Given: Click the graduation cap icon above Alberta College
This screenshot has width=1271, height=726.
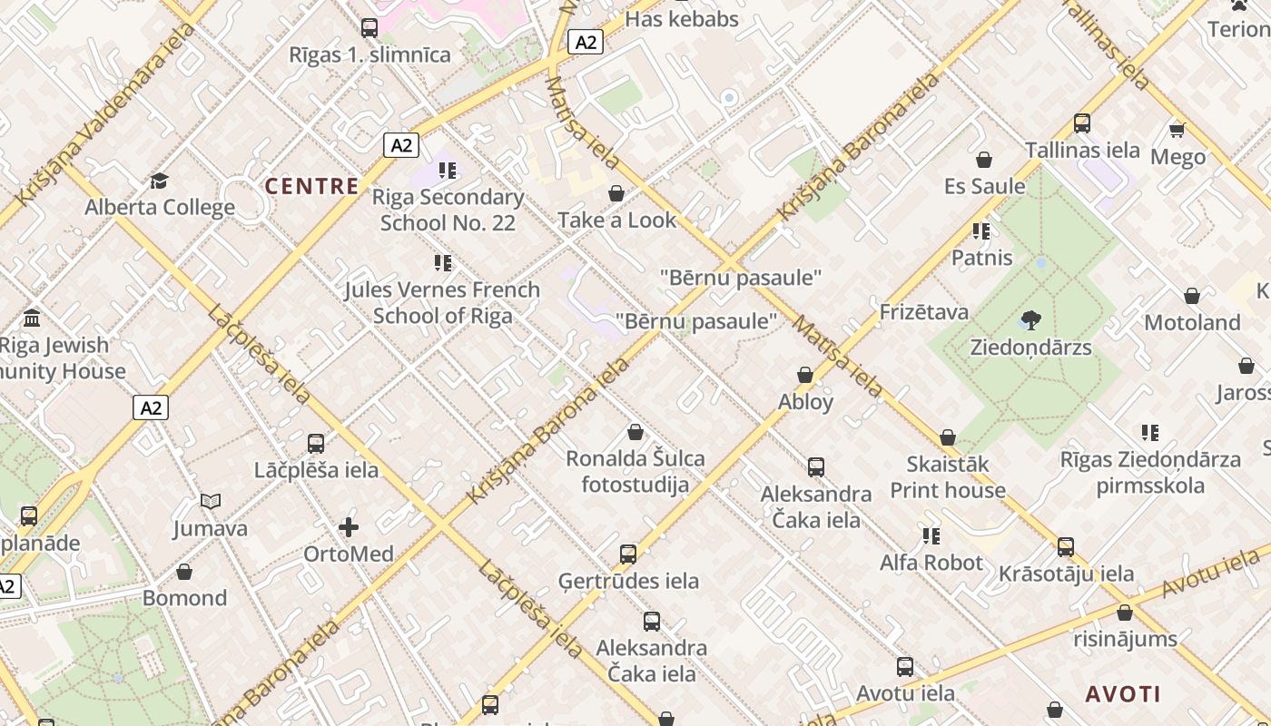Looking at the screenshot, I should tap(160, 181).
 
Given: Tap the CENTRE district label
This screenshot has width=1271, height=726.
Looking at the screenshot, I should tap(311, 186).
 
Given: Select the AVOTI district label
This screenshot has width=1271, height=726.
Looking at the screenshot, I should tap(1123, 694).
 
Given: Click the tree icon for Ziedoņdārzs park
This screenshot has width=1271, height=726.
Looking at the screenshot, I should tap(1030, 319).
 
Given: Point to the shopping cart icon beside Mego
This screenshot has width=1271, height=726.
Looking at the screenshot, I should tap(1177, 130).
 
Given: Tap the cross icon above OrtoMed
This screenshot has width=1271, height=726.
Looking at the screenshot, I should tap(349, 527).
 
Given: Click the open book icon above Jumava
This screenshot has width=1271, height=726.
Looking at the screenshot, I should tap(211, 501).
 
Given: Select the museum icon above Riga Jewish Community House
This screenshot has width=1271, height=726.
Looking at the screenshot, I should tap(33, 318).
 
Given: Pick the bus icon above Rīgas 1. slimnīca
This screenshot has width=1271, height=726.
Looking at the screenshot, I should tap(369, 27).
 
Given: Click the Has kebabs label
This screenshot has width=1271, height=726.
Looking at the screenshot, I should tap(682, 19).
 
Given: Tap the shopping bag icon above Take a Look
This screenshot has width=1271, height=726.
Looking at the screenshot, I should tap(616, 193).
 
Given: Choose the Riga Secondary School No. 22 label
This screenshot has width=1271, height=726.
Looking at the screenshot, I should tap(448, 210).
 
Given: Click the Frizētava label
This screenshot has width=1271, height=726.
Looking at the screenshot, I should tap(924, 312).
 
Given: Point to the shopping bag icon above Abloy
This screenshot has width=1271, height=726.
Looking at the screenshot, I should tap(805, 375).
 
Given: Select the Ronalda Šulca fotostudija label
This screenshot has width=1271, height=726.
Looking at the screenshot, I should tap(635, 471).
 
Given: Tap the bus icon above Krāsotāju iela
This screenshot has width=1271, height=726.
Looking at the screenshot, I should tap(1066, 547).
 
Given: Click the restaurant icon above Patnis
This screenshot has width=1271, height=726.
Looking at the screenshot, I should tap(981, 231).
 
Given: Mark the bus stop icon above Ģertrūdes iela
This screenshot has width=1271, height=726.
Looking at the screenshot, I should tap(628, 554).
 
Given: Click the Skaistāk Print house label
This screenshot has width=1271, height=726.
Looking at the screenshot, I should tap(948, 477).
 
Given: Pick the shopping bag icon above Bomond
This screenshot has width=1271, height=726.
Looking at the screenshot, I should tap(184, 572).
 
